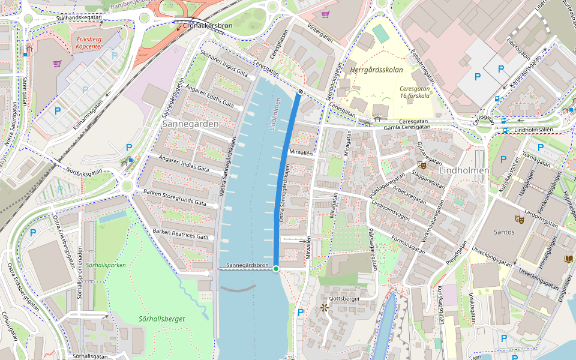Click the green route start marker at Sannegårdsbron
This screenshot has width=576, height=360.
point(276,268)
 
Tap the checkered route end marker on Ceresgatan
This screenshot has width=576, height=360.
point(299,91)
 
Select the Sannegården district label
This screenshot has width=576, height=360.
point(190,123)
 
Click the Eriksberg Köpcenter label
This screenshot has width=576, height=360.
point(86,43)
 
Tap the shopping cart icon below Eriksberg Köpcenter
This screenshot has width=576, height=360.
point(58,63)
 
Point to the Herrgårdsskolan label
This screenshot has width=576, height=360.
point(376,70)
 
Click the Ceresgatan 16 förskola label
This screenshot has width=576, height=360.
point(415,91)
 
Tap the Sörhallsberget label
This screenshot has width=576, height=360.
point(161,319)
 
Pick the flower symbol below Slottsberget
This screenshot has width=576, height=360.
point(325,308)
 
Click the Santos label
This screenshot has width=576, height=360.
point(503,232)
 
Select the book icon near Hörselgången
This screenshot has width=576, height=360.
point(569,259)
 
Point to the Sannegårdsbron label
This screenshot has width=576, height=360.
point(247,265)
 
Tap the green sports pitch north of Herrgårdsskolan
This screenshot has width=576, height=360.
point(380,33)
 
